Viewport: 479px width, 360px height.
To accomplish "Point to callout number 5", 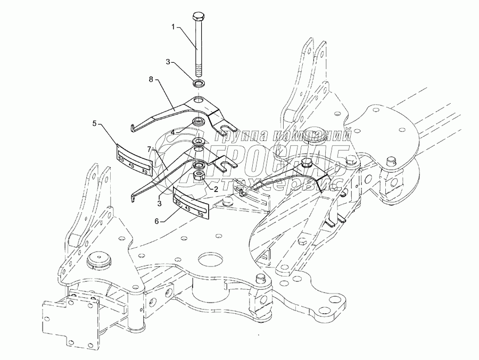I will pyautogui.click(x=94, y=123).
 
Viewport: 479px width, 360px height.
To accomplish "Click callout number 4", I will pyautogui.click(x=172, y=131).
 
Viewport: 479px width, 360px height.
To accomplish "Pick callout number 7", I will pyautogui.click(x=150, y=149).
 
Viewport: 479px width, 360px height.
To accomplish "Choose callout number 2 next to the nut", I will pyautogui.click(x=217, y=188).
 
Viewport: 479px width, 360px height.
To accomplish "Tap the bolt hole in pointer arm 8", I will pyautogui.click(x=199, y=101).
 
